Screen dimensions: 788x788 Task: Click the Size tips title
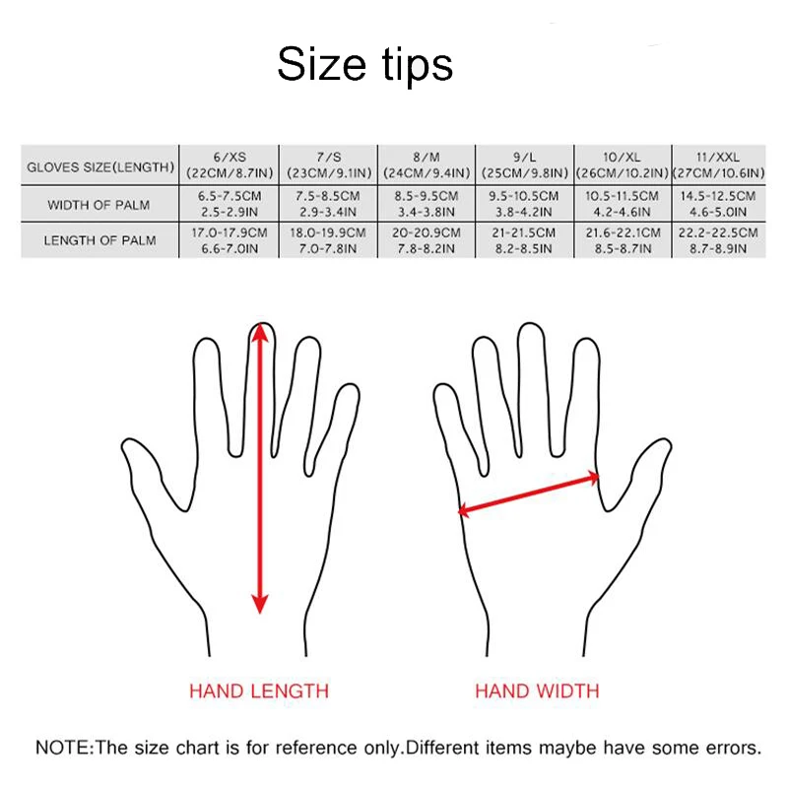(364, 64)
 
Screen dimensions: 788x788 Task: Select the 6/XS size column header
(230, 164)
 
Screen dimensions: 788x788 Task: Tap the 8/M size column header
(426, 164)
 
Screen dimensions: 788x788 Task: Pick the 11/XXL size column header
(718, 164)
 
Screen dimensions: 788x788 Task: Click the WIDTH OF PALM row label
(99, 205)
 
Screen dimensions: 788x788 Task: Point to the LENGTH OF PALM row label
(99, 240)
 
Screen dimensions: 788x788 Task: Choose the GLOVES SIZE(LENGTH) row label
(99, 165)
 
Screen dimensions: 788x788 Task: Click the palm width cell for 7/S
(327, 204)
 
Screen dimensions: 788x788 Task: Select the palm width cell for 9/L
(523, 204)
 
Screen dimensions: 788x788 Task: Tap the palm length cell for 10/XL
(621, 240)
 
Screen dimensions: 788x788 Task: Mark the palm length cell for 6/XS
(230, 240)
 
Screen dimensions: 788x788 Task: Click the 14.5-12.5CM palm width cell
(718, 204)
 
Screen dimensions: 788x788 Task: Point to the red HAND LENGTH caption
(259, 690)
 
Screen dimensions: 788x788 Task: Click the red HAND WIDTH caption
(537, 690)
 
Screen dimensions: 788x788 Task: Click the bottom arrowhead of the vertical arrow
(260, 603)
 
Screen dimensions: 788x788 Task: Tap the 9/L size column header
(523, 164)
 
